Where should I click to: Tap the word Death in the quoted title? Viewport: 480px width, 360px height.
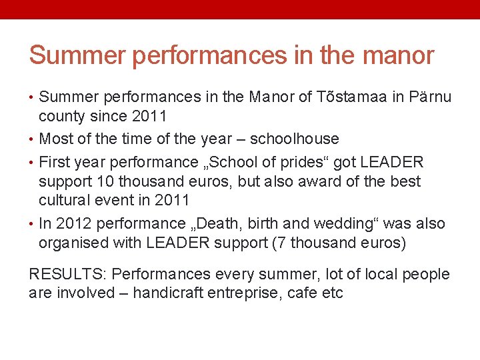coord(221,223)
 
